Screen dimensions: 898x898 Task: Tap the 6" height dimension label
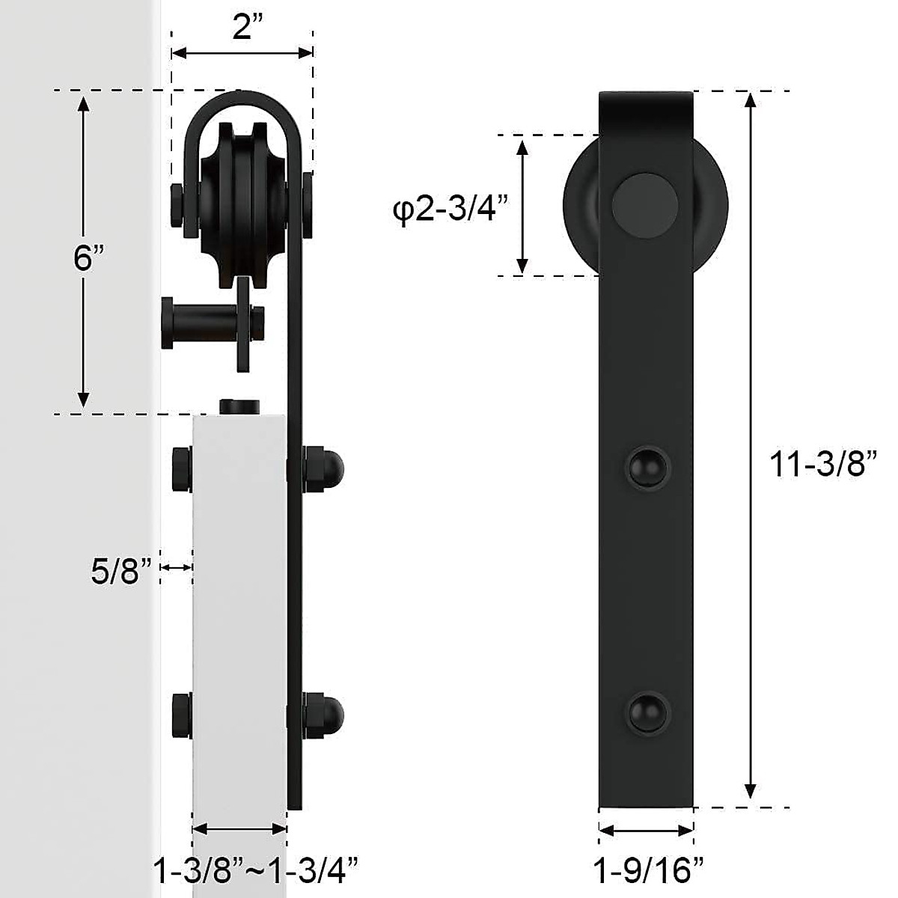coord(88,258)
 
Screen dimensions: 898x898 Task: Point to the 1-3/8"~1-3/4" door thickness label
coord(255,870)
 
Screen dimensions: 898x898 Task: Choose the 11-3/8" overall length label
coord(823,464)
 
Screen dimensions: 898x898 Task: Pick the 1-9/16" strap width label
coord(648,870)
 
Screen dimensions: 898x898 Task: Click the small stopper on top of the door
coord(239,406)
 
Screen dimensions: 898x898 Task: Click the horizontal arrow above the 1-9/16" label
coord(647,831)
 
